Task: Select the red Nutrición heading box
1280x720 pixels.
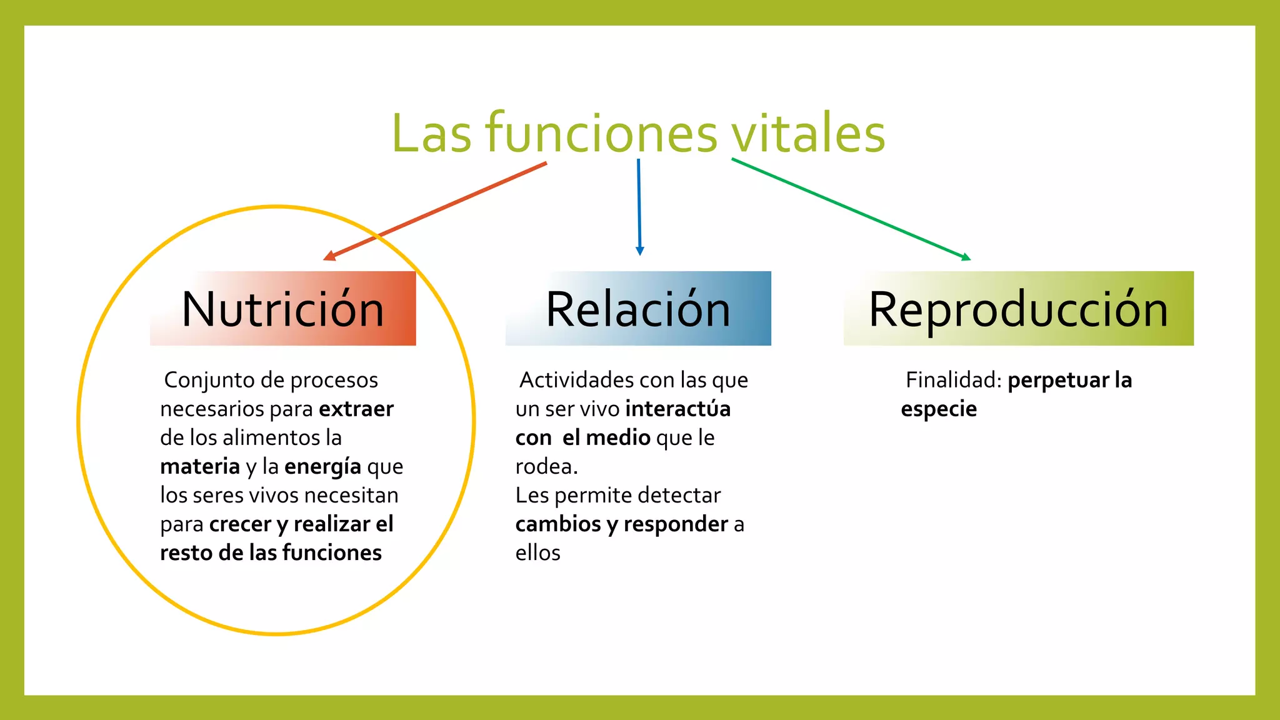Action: point(283,309)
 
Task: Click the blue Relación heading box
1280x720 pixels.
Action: point(638,309)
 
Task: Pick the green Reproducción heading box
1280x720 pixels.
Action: point(1018,309)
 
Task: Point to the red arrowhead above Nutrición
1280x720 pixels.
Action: point(329,256)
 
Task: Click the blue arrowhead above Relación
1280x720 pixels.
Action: point(639,251)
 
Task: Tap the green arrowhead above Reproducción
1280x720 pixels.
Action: point(966,257)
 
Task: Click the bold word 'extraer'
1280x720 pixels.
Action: point(356,409)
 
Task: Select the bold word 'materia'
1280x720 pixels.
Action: point(200,467)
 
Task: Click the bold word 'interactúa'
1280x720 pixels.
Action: point(678,409)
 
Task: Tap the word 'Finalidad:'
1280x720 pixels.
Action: point(954,380)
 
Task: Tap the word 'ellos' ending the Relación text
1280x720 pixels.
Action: point(537,553)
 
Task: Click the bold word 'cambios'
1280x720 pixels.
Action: point(558,524)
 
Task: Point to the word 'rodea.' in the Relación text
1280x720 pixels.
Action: point(546,467)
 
